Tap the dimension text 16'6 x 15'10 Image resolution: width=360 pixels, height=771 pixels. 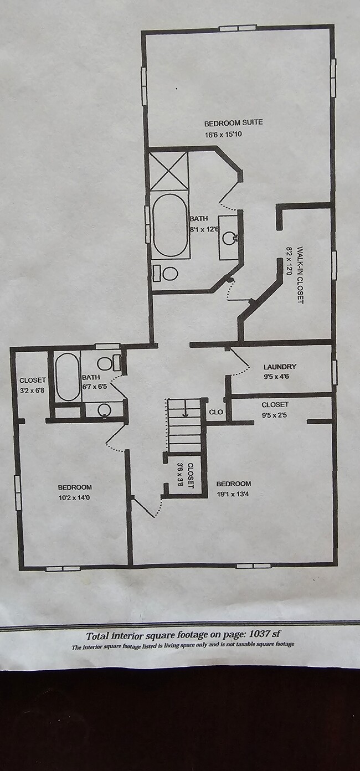(223, 134)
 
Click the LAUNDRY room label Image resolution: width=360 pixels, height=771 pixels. (280, 367)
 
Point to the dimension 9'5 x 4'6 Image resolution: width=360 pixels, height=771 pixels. (276, 376)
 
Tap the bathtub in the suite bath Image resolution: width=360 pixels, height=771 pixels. (170, 225)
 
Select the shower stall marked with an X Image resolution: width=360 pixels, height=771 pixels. (169, 171)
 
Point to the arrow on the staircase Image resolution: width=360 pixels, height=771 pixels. (185, 412)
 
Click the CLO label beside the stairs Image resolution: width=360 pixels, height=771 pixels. (216, 412)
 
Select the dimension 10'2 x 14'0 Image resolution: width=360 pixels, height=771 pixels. (74, 497)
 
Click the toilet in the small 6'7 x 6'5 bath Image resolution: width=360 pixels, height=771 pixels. (109, 363)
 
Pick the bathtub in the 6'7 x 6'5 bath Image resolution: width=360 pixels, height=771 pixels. (67, 377)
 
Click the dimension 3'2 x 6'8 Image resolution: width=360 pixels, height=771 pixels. (32, 390)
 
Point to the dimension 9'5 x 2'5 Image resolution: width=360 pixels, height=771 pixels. (275, 415)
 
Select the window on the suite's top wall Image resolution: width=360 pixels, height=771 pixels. (238, 28)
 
